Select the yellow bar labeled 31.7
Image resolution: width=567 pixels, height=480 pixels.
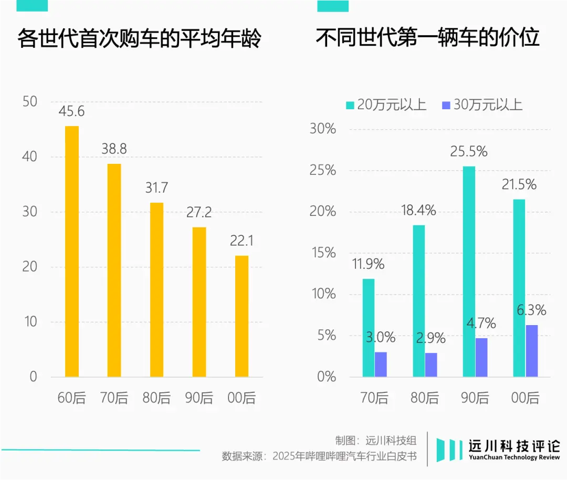click(x=156, y=289)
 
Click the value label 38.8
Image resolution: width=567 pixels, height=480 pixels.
click(x=114, y=149)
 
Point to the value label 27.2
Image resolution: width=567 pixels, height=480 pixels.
click(x=199, y=212)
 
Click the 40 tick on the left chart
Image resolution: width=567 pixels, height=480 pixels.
click(x=30, y=156)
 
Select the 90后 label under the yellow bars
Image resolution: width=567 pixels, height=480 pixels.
click(x=199, y=398)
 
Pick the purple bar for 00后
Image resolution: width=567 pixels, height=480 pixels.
click(x=531, y=350)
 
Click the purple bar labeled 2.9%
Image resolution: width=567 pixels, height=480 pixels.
click(x=430, y=364)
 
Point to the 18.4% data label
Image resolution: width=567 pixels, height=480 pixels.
click(x=418, y=211)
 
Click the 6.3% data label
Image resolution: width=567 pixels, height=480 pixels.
click(x=531, y=310)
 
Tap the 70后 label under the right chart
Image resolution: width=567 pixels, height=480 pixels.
click(x=374, y=398)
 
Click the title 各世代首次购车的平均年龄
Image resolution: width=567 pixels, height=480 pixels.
click(x=139, y=39)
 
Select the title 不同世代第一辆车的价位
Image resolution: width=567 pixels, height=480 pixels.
click(x=427, y=38)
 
